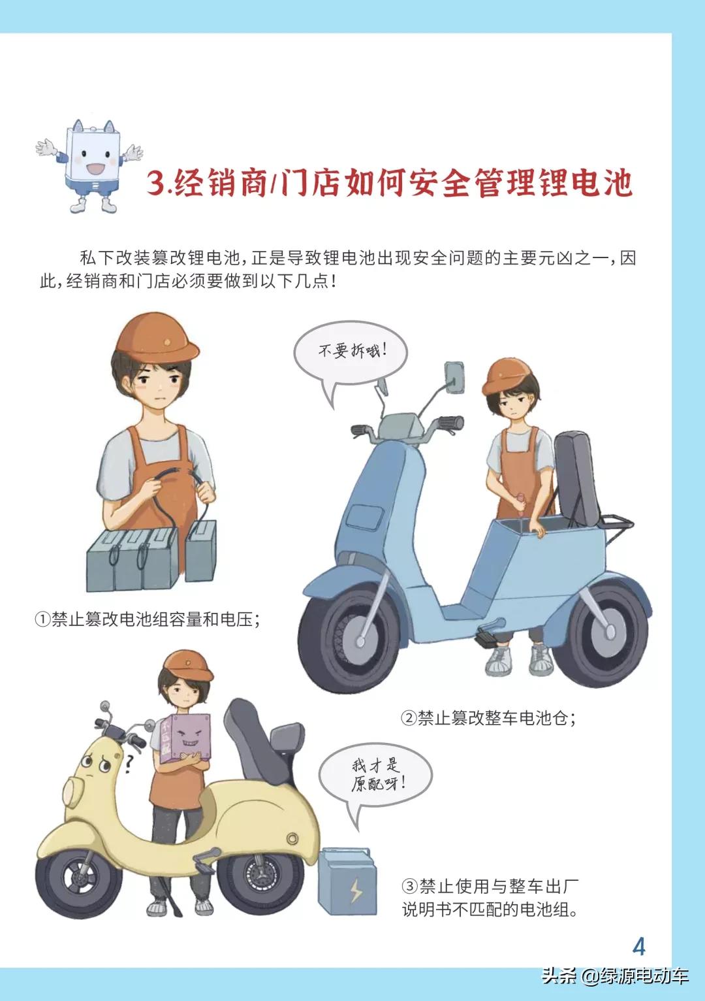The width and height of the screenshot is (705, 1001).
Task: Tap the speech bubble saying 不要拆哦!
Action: click(x=351, y=353)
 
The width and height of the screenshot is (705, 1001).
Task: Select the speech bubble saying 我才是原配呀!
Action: click(x=375, y=776)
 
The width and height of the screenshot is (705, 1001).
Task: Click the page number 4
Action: click(x=639, y=946)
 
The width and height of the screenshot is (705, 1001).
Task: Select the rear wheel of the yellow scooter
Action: click(x=260, y=876)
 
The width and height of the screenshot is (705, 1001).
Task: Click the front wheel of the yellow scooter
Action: click(x=78, y=878)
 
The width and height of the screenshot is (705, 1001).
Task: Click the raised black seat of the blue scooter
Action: click(x=574, y=477)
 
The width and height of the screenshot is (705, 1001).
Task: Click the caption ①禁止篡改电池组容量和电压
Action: click(x=148, y=618)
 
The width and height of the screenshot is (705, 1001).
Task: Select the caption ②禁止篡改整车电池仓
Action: click(x=488, y=717)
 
